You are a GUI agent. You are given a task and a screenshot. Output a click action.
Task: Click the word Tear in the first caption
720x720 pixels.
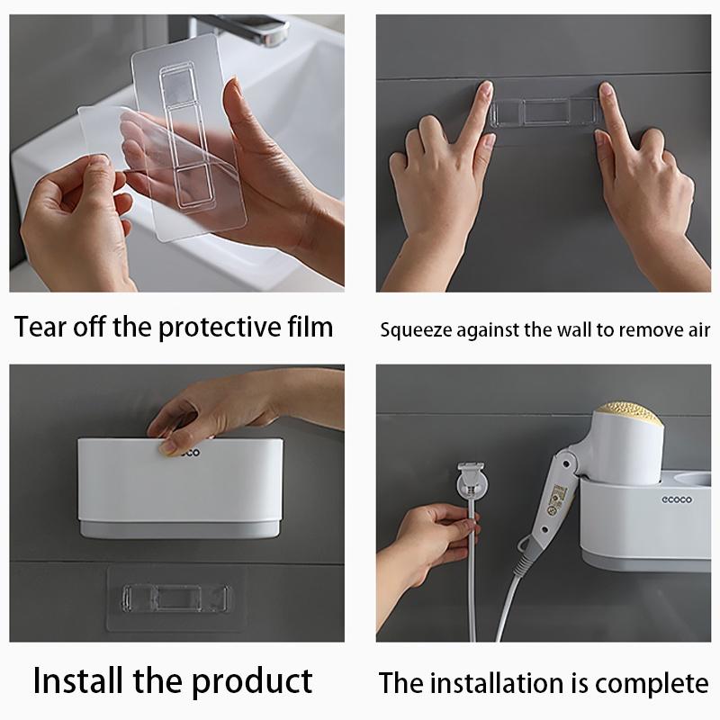pyautogui.click(x=40, y=327)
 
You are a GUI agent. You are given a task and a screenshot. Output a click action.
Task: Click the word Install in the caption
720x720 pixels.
pyautogui.click(x=78, y=680)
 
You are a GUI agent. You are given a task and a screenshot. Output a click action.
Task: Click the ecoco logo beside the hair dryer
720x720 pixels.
pyautogui.click(x=677, y=499)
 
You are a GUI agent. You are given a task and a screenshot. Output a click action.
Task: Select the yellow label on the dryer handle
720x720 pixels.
pyautogui.click(x=558, y=499)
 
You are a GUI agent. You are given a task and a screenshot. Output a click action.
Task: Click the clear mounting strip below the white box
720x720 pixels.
pyautogui.click(x=175, y=598)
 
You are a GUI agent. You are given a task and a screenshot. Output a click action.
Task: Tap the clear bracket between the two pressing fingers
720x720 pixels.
pyautogui.click(x=545, y=112)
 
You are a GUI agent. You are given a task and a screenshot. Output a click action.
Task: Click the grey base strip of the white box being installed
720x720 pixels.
pyautogui.click(x=179, y=529)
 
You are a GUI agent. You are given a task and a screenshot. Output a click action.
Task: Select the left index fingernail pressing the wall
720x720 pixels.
pyautogui.click(x=487, y=88)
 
